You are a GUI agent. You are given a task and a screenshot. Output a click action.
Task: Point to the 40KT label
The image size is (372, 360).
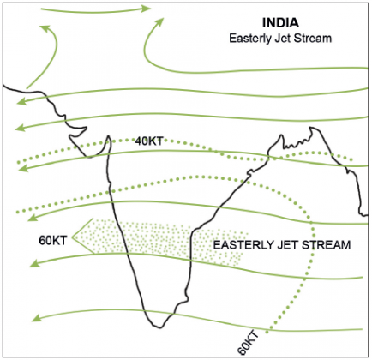[151, 141]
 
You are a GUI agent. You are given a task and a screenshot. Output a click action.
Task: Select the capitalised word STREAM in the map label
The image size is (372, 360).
[329, 245]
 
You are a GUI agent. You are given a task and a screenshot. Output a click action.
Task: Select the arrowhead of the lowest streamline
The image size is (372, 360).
[33, 319]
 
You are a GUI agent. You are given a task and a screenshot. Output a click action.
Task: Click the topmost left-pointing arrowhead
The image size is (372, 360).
[19, 101]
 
